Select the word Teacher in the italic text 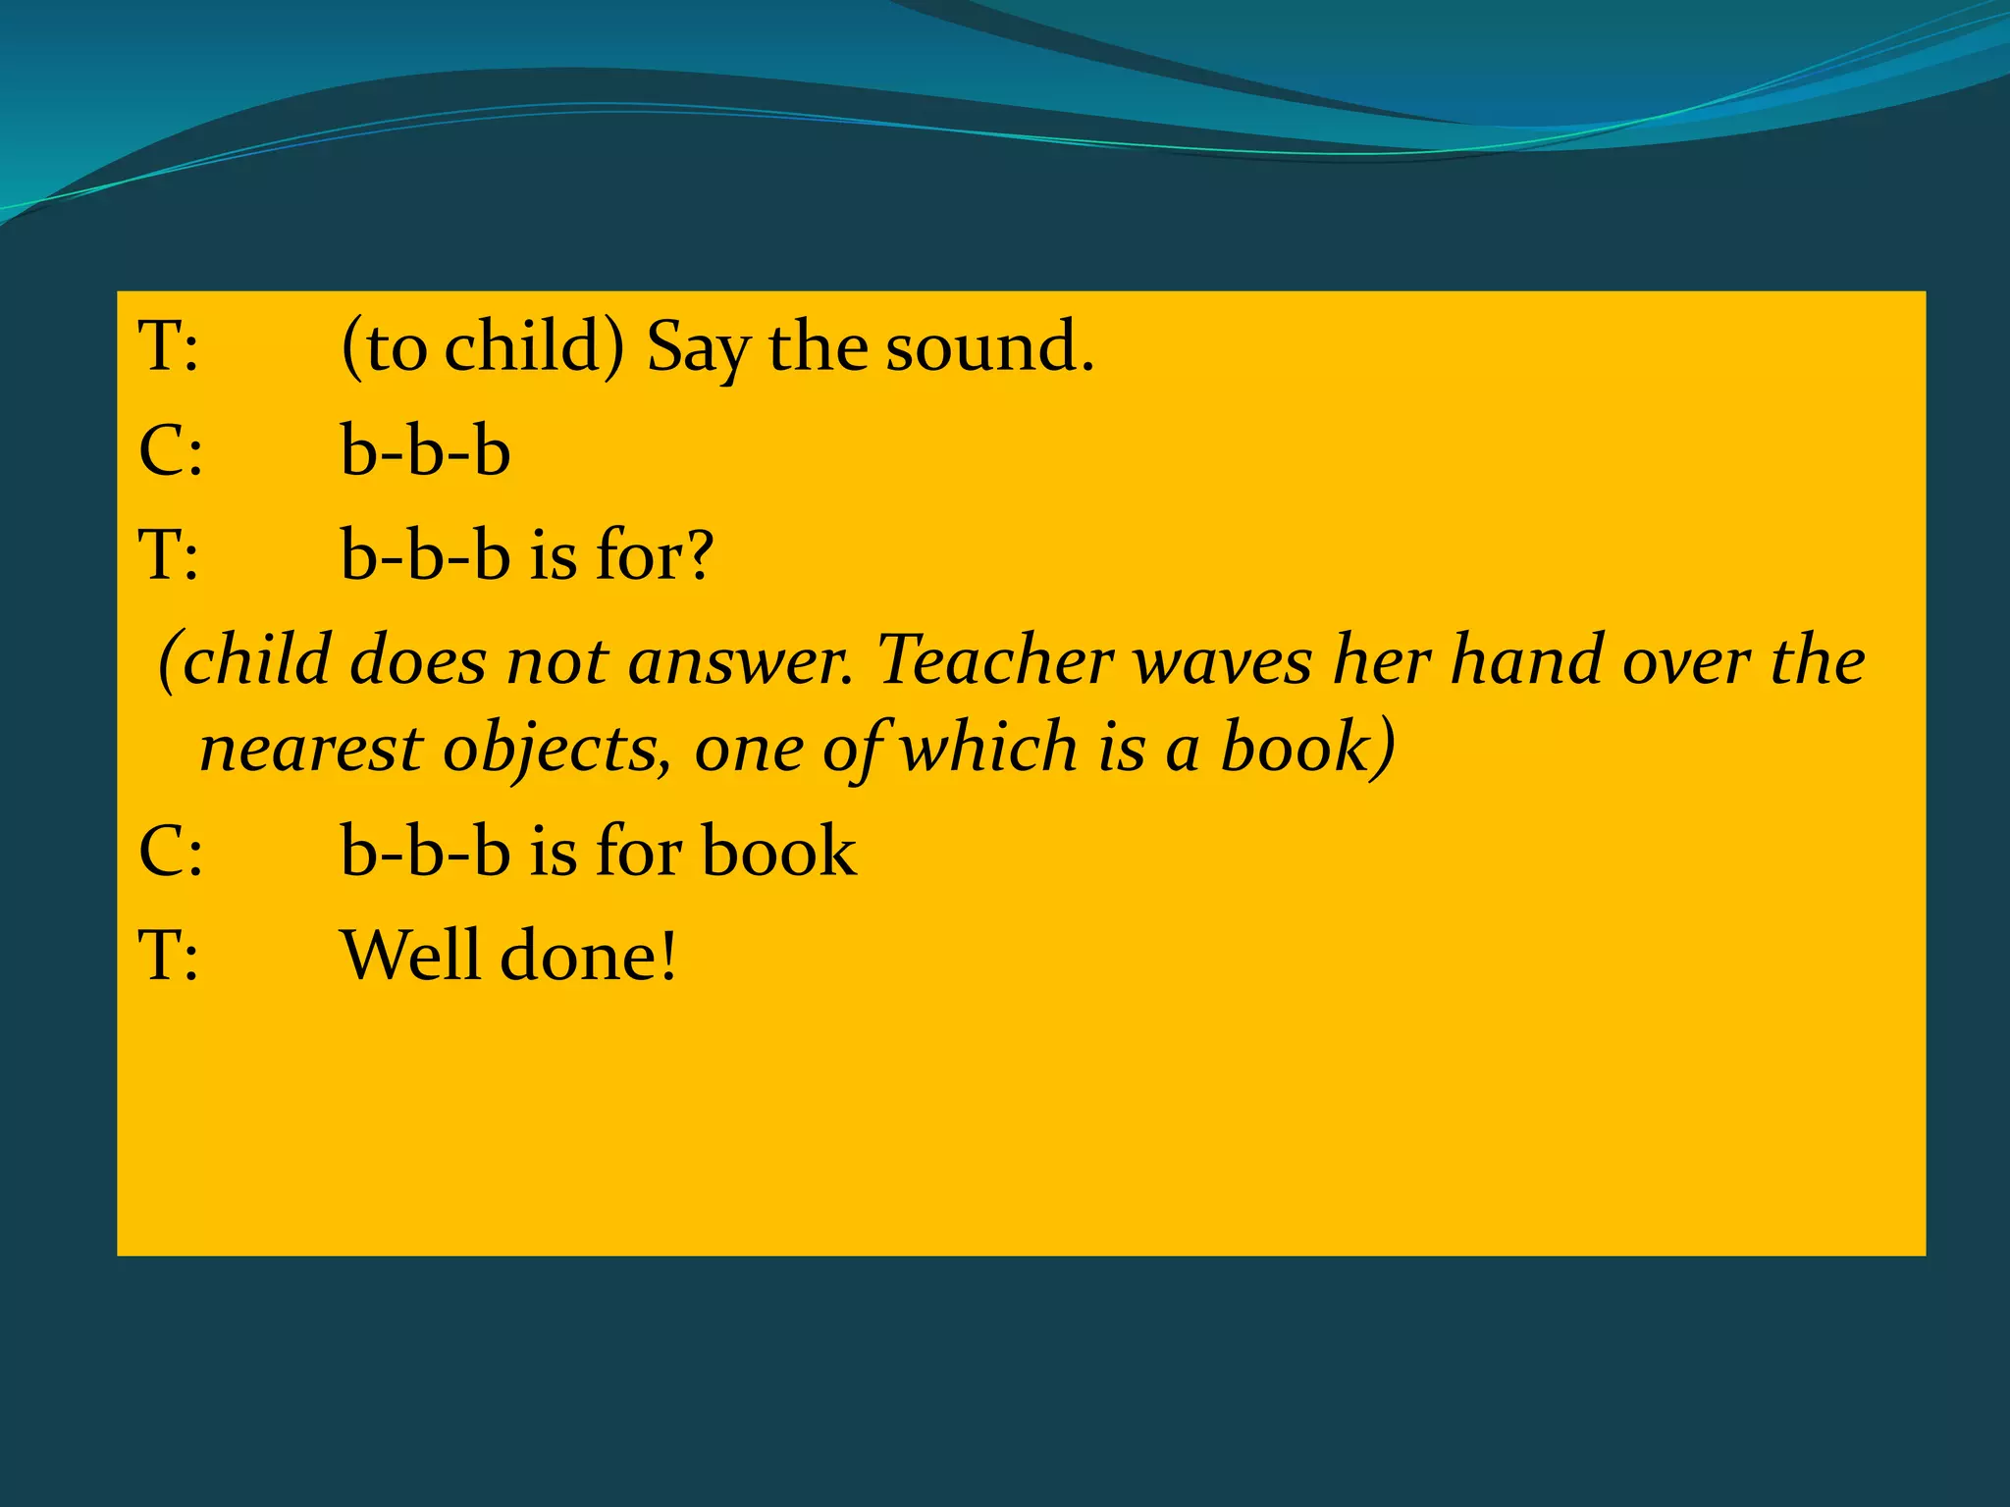point(993,659)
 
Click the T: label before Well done point(168,955)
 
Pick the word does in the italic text point(418,659)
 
